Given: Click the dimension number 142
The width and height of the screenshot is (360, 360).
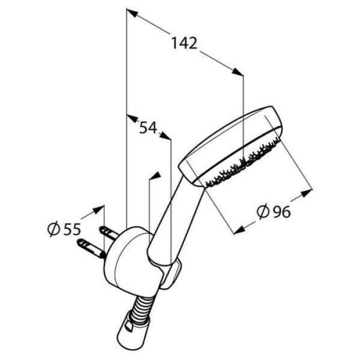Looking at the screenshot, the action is (x=184, y=43).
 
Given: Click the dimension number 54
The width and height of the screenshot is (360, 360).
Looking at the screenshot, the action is (x=148, y=127).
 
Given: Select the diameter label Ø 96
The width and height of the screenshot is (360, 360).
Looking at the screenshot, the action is (x=274, y=211).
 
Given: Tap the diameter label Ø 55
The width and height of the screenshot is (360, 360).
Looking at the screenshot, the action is (x=64, y=229).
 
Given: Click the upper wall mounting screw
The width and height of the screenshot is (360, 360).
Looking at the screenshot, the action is (x=109, y=232).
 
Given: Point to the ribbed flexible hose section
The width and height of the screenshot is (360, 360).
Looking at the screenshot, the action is (x=141, y=307).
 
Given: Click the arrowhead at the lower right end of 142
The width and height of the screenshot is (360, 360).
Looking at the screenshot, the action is (x=237, y=71).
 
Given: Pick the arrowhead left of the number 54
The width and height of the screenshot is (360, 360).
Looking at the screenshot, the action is (x=132, y=118).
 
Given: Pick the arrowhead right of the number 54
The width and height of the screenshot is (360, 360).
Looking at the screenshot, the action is (x=166, y=136).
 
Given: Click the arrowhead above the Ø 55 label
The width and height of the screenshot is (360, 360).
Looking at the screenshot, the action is (x=98, y=209).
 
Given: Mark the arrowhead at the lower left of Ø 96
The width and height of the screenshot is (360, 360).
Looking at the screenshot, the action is (x=239, y=230).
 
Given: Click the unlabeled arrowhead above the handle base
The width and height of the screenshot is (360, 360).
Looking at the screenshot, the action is (x=154, y=175).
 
